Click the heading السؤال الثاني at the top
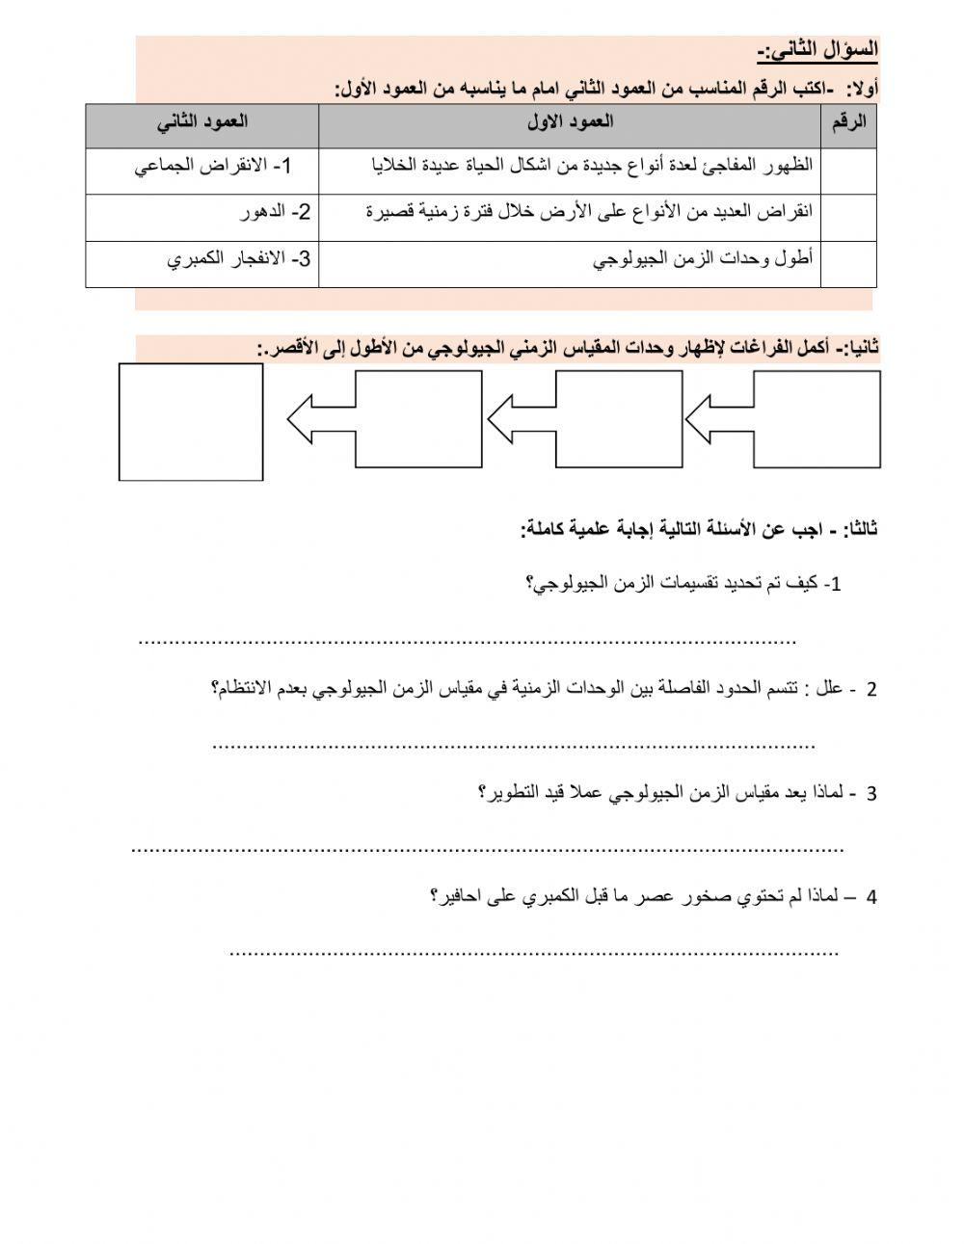pyautogui.click(x=816, y=50)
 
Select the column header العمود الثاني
pyautogui.click(x=201, y=121)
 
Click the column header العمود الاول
pyautogui.click(x=570, y=121)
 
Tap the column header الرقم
pyautogui.click(x=848, y=121)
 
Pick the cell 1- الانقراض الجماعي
pyautogui.click(x=213, y=167)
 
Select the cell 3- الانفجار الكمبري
pyautogui.click(x=239, y=259)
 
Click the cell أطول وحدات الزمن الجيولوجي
pyautogui.click(x=703, y=259)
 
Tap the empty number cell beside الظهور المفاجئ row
pyautogui.click(x=848, y=170)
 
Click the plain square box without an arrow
pyautogui.click(x=191, y=421)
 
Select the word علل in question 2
pyautogui.click(x=830, y=689)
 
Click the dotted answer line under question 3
pyautogui.click(x=487, y=849)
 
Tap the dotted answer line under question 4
pyautogui.click(x=535, y=953)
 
